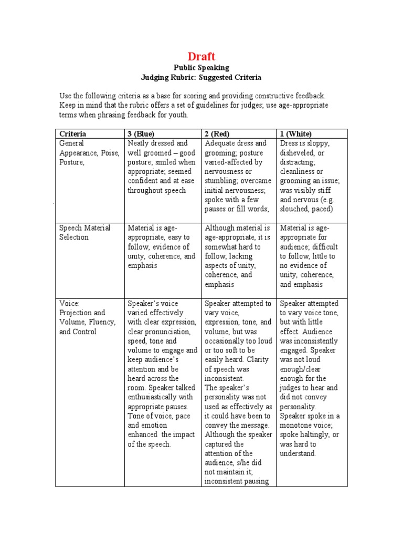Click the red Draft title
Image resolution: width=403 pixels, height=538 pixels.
(x=201, y=57)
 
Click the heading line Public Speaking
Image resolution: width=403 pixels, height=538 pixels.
(x=201, y=68)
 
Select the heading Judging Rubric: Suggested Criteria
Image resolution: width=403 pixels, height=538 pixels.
(x=201, y=77)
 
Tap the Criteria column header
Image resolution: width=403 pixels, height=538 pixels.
(x=73, y=133)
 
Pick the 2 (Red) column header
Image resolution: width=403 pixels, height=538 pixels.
(x=217, y=133)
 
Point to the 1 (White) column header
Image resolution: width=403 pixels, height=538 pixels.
(x=296, y=133)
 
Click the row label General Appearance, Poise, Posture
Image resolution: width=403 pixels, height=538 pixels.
(x=89, y=152)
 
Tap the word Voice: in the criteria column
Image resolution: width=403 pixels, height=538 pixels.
(x=69, y=304)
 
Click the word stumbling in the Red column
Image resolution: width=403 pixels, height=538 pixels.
(x=220, y=181)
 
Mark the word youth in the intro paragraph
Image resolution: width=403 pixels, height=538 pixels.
(x=176, y=115)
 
